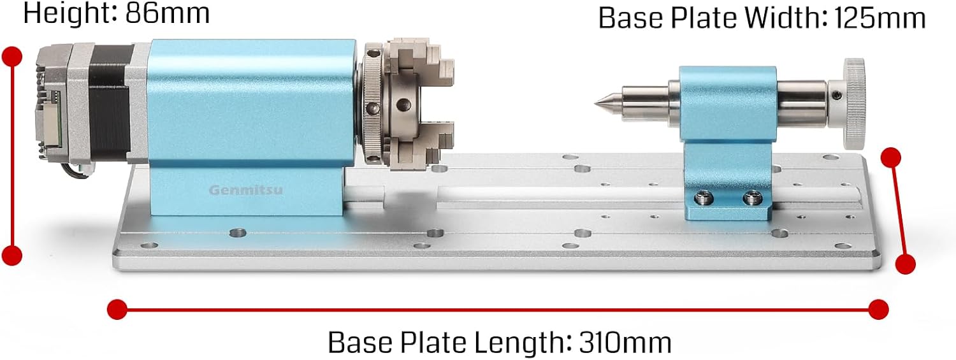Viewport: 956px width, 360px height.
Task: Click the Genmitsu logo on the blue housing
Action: pyautogui.click(x=238, y=189)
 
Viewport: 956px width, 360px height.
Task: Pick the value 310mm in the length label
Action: pyautogui.click(x=625, y=343)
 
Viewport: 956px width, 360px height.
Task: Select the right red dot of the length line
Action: pyautogui.click(x=878, y=308)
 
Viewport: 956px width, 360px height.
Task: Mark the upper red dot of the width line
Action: pyautogui.click(x=890, y=157)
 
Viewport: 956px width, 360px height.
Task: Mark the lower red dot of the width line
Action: pyautogui.click(x=905, y=263)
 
